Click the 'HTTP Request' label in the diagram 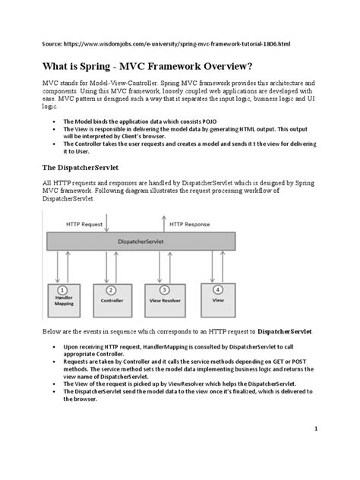(x=84, y=223)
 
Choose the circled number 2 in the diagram (x=112, y=289)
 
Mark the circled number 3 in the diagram (x=162, y=289)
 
